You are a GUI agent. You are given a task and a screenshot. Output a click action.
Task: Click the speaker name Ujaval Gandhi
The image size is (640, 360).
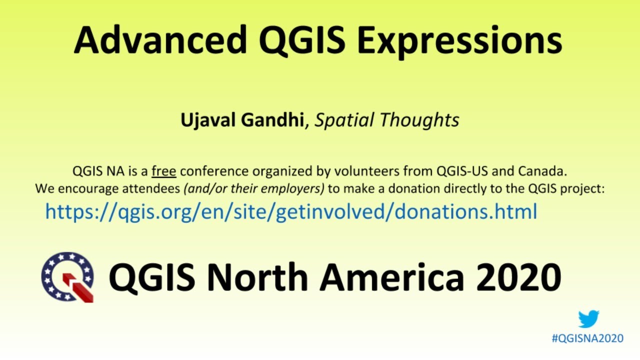click(242, 120)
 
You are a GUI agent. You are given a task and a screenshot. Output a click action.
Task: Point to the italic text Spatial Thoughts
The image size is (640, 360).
click(386, 120)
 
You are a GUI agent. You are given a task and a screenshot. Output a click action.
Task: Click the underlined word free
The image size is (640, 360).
click(164, 171)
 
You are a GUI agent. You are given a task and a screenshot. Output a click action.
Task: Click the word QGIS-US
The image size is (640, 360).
click(463, 171)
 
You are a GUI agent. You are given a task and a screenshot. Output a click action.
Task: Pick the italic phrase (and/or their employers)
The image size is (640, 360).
click(254, 189)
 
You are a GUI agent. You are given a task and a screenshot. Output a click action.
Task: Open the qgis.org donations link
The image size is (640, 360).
click(291, 212)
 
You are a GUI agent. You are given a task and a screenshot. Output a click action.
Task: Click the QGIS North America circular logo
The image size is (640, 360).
click(67, 276)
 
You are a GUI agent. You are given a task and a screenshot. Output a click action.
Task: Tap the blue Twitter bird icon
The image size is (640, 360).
click(588, 319)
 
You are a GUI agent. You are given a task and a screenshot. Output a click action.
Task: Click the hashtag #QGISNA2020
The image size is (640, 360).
click(587, 338)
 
